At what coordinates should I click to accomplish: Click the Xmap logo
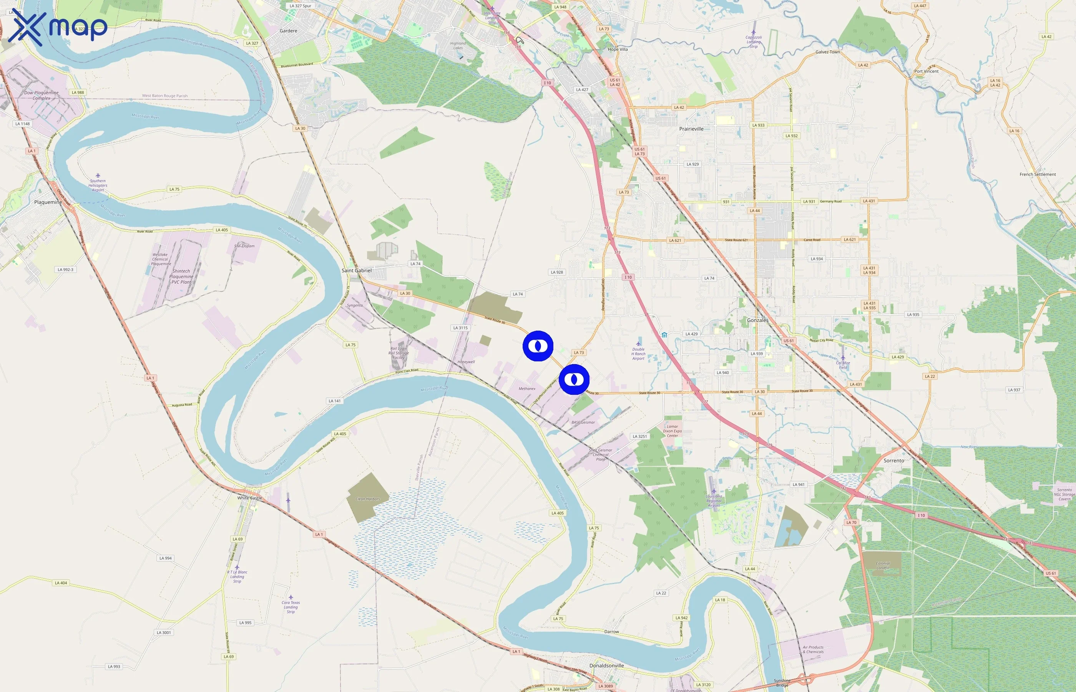point(58,27)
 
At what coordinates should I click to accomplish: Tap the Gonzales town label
point(757,320)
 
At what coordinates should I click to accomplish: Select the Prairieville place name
point(691,129)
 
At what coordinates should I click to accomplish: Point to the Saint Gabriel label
point(357,271)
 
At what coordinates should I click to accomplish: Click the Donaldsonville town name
point(607,665)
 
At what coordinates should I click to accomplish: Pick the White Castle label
point(250,498)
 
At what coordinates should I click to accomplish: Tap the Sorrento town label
point(894,461)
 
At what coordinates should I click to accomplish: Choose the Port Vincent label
point(927,72)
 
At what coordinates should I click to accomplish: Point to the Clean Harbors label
point(367,499)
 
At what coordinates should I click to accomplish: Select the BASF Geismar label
point(583,423)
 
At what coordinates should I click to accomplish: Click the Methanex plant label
point(527,389)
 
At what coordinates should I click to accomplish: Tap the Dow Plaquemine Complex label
point(42,95)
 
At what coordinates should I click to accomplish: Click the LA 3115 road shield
point(460,328)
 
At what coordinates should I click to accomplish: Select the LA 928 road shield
point(557,272)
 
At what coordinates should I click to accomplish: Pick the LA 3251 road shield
point(639,436)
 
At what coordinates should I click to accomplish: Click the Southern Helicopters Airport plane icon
point(98,176)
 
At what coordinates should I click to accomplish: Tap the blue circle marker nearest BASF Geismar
point(574,380)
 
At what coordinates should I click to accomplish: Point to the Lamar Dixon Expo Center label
point(672,431)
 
